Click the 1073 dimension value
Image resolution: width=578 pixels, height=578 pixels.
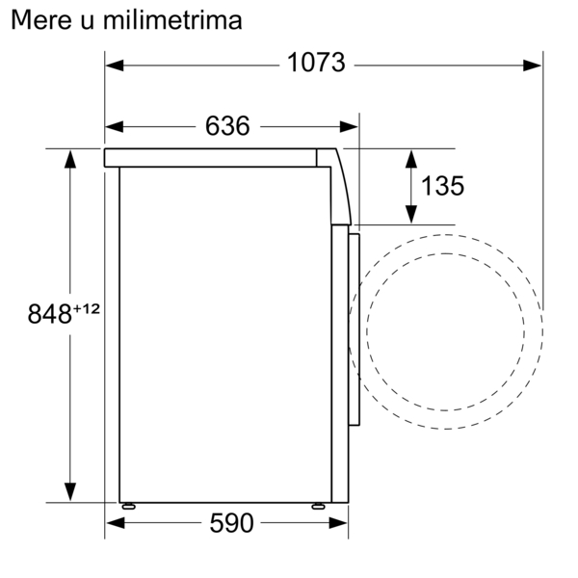(316, 63)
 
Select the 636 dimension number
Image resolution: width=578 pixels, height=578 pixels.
(227, 125)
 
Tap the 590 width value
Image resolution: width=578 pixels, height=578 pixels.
(231, 523)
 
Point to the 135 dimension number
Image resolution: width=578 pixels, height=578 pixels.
(442, 186)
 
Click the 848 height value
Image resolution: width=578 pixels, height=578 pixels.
(50, 314)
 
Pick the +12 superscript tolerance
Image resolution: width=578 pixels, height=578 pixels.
(87, 308)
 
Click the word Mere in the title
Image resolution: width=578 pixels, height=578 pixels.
(40, 20)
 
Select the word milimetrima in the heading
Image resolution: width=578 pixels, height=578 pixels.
(172, 20)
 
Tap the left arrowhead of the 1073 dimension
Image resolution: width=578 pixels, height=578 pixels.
(115, 66)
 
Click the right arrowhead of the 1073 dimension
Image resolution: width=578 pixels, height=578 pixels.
(532, 66)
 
